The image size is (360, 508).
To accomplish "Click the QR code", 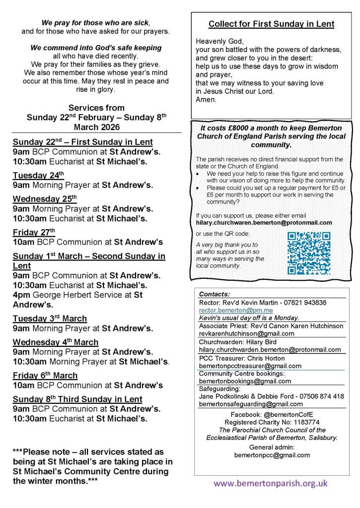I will (x=309, y=253).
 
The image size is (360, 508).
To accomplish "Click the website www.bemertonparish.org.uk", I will (x=271, y=483).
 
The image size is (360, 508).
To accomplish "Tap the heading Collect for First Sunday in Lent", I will (x=271, y=24).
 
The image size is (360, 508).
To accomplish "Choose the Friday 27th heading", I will (x=34, y=232).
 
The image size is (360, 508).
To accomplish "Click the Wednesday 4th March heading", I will (x=56, y=342).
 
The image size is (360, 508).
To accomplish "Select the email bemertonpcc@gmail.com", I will (x=272, y=454).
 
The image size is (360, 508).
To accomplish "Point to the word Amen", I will (x=207, y=99).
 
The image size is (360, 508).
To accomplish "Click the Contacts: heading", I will (x=215, y=294).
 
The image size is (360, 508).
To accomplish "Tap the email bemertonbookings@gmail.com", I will (x=245, y=381).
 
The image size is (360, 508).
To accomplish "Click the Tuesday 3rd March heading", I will (x=50, y=318).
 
